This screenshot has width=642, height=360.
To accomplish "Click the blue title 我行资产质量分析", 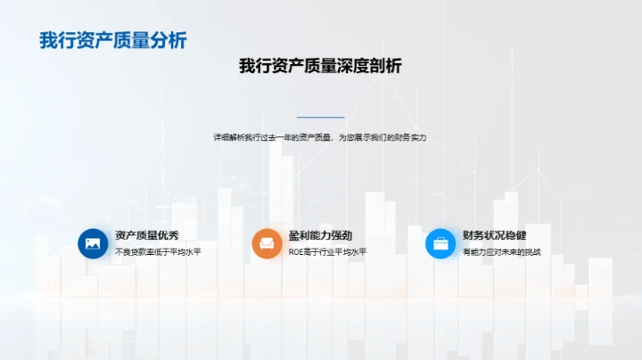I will tap(113, 40).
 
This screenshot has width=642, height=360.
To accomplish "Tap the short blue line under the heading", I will tap(321, 117).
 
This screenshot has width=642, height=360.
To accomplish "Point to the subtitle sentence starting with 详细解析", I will tap(320, 137).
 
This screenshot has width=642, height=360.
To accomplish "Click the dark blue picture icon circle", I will tap(93, 243).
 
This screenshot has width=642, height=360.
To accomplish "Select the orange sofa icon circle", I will tap(267, 243).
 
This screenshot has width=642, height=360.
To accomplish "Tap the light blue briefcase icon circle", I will tap(440, 243).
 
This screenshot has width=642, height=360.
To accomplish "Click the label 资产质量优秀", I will tap(147, 235).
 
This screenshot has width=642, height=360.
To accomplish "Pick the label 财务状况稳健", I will tap(495, 235).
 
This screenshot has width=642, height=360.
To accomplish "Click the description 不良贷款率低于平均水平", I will tap(158, 252).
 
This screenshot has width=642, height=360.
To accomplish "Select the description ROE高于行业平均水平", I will tap(327, 252).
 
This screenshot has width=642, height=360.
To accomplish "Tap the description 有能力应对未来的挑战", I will tap(501, 252).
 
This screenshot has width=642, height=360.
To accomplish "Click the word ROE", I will tap(296, 252).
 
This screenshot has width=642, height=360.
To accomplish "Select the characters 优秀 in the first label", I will tap(169, 235).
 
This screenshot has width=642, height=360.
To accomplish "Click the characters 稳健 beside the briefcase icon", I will tap(516, 235).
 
